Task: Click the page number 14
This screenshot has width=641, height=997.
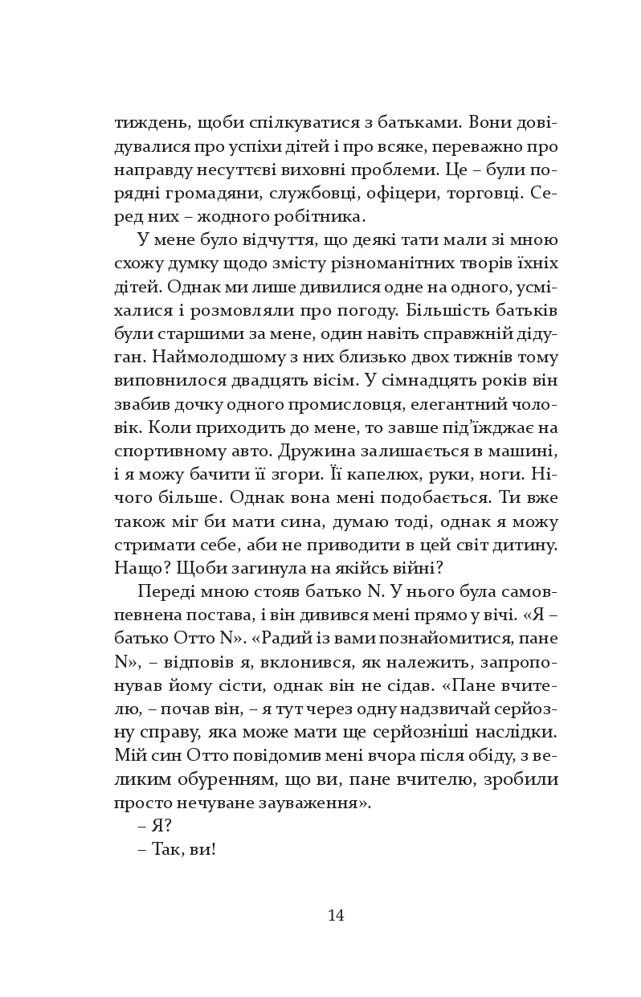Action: (336, 915)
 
